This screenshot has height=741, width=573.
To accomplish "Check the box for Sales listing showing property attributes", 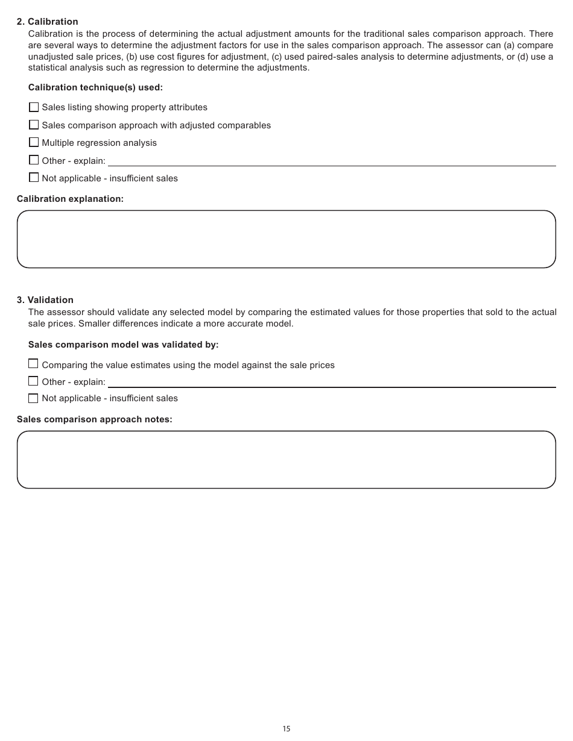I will pos(34,107).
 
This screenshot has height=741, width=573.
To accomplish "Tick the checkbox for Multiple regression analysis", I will pos(34,143).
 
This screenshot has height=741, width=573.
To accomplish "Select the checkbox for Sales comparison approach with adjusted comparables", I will pos(34,125).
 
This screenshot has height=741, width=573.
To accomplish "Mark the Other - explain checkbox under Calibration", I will pos(34,160).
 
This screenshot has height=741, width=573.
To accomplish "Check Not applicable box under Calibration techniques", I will pos(34,178).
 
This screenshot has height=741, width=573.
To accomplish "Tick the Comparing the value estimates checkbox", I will pos(33,364).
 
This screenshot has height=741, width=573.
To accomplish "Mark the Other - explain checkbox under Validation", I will pos(33,381).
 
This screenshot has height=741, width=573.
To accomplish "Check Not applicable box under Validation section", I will pos(33,398).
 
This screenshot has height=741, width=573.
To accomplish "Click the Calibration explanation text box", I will pos(286,239).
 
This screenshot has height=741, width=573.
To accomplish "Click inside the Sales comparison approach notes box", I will pos(286,460).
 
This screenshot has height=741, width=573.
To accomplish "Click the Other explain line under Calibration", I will pos(332,161).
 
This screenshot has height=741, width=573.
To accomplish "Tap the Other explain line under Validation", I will pos(332,383).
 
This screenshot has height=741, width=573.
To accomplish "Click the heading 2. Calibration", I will pos(47,22).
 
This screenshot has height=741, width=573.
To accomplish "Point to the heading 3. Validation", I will pos(45,300).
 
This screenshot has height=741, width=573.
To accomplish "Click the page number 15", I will pos(286,729).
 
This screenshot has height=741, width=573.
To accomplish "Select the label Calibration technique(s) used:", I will pos(95,87).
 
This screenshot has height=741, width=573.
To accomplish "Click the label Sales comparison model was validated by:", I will pos(123,345).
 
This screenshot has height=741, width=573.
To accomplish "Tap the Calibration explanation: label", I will pos(70,199).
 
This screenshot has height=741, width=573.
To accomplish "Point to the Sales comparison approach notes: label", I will pos(94,419).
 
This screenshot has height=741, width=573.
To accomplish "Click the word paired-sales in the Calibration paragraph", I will pos(332,57).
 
